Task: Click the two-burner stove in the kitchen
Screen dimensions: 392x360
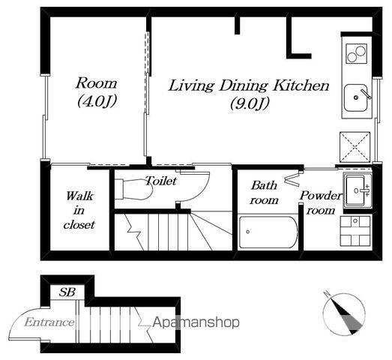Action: click(357, 53)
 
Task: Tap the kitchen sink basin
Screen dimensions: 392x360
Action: click(356, 98)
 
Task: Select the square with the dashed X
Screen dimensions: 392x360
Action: click(355, 147)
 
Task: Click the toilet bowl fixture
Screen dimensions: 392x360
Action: click(133, 190)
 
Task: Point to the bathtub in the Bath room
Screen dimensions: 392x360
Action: click(268, 232)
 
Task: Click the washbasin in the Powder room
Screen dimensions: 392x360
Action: click(357, 190)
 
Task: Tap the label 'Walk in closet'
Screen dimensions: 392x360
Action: click(79, 211)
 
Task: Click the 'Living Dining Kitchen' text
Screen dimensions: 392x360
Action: click(249, 85)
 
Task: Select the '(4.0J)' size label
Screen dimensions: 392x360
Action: click(97, 101)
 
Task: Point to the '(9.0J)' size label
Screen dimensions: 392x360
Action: click(250, 103)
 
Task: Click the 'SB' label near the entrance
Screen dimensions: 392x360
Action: click(67, 292)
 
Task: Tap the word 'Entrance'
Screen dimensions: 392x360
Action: click(49, 322)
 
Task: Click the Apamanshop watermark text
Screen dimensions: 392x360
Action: click(196, 322)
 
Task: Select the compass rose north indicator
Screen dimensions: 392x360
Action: click(344, 313)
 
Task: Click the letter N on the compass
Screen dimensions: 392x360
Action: click(327, 294)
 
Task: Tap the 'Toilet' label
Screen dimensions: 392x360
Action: click(161, 181)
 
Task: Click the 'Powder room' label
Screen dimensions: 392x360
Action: click(321, 203)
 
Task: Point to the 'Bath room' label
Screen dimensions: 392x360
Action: click(265, 193)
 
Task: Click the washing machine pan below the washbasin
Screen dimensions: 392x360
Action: click(355, 231)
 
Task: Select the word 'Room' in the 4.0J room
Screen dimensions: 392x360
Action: click(96, 83)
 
